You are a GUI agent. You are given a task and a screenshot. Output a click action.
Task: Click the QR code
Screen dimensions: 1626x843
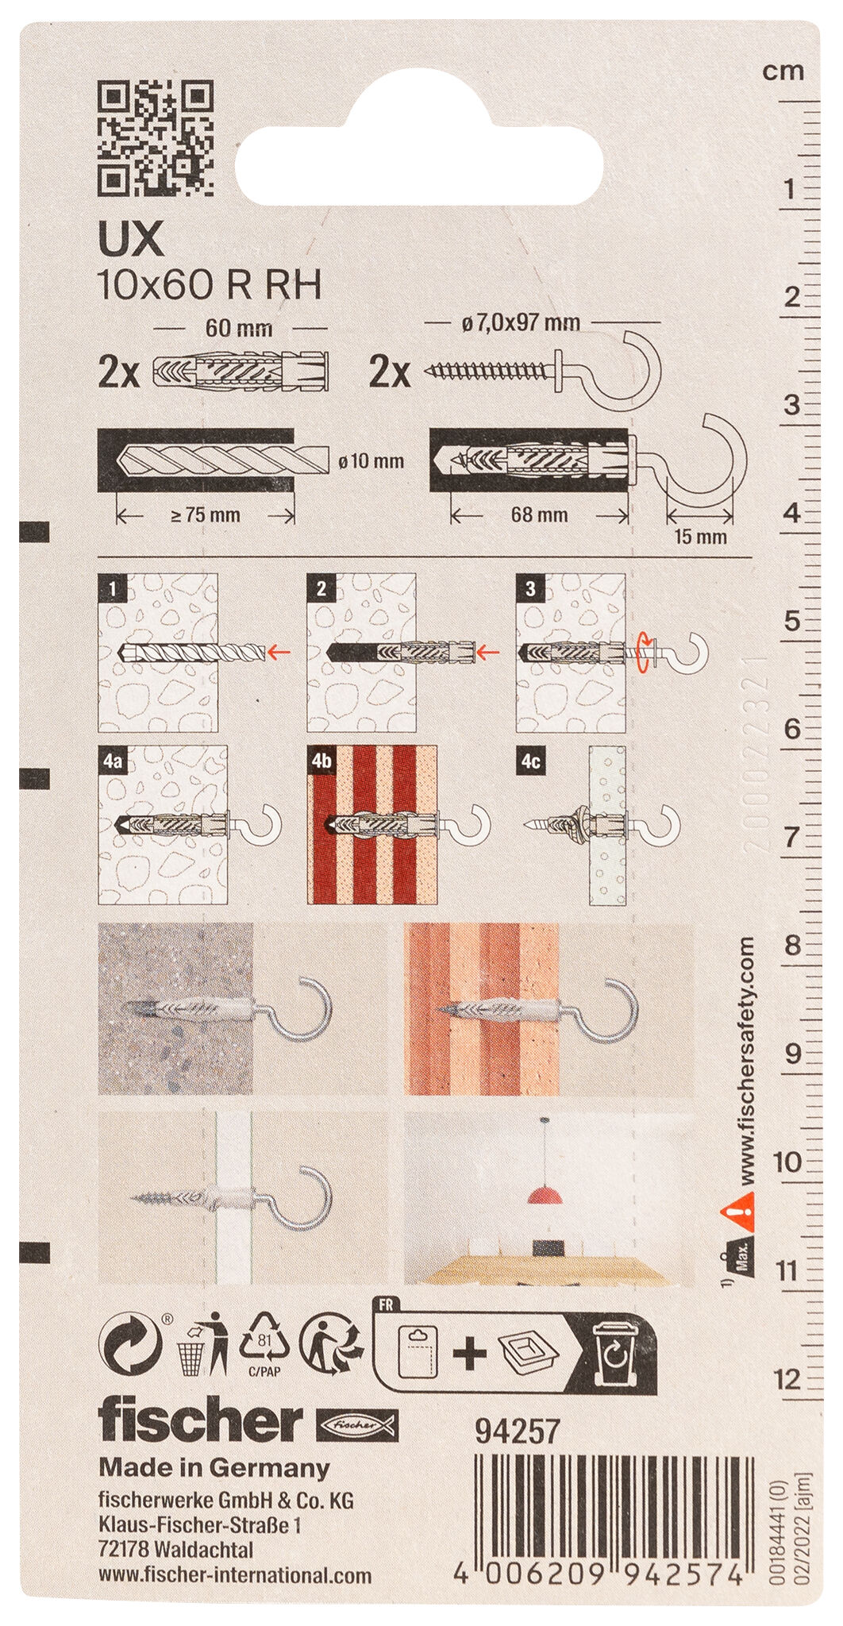coord(156,138)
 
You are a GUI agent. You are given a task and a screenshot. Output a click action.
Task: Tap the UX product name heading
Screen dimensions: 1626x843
coord(131,240)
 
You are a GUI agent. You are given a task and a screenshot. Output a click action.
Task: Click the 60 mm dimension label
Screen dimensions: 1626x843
coord(239,328)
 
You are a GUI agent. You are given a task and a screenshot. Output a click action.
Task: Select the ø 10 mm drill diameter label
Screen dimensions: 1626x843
coord(371,460)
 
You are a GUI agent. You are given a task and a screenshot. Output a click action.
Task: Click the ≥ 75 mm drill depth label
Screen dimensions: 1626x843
coord(205,514)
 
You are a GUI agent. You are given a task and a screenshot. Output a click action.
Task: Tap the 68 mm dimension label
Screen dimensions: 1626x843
coord(539,514)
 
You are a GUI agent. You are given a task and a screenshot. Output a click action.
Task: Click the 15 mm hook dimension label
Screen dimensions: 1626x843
coord(700,537)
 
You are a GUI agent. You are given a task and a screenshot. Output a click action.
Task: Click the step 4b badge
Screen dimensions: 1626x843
coord(321,761)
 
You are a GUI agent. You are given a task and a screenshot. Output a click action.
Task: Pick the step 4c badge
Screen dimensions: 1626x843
coord(530,761)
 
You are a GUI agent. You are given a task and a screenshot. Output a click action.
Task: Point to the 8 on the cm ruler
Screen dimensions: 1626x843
coord(792,946)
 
